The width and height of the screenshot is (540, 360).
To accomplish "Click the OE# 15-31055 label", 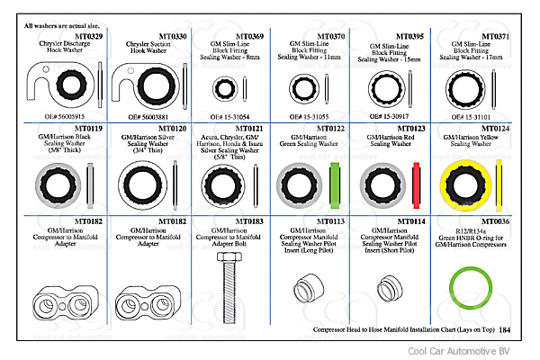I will (x=302, y=117).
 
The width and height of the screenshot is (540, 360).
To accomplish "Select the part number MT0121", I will (x=252, y=130).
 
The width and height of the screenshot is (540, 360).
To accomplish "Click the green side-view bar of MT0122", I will (x=334, y=183).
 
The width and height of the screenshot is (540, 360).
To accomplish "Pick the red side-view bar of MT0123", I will (x=416, y=183).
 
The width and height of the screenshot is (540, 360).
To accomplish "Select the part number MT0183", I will (x=252, y=220).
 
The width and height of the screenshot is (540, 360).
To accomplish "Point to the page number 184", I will (x=503, y=330).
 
